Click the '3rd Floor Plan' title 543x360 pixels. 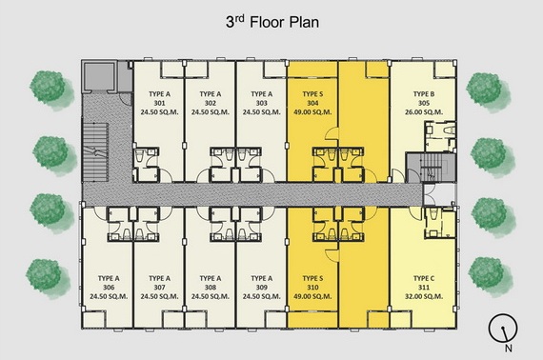(x=272, y=23)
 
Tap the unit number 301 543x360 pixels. (x=159, y=103)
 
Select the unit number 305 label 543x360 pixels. (x=424, y=103)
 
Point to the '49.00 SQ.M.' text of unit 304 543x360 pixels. (x=312, y=112)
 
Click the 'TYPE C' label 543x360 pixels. (x=424, y=278)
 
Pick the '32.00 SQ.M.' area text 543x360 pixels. (x=424, y=296)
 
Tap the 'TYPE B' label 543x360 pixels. (x=424, y=94)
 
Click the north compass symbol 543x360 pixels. (x=503, y=329)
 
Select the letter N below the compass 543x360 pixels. (x=508, y=349)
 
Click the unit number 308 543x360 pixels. (x=211, y=288)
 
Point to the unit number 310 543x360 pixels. (x=312, y=288)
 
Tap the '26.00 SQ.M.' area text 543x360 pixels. (x=424, y=112)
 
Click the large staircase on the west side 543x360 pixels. (x=95, y=152)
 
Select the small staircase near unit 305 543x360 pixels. (x=431, y=168)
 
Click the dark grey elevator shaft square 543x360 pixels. (x=99, y=75)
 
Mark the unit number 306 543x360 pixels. (x=109, y=288)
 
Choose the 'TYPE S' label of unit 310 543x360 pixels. (x=312, y=278)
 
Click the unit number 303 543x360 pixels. (x=261, y=103)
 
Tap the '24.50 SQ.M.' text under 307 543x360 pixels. (x=159, y=296)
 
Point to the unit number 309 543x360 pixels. (x=261, y=288)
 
